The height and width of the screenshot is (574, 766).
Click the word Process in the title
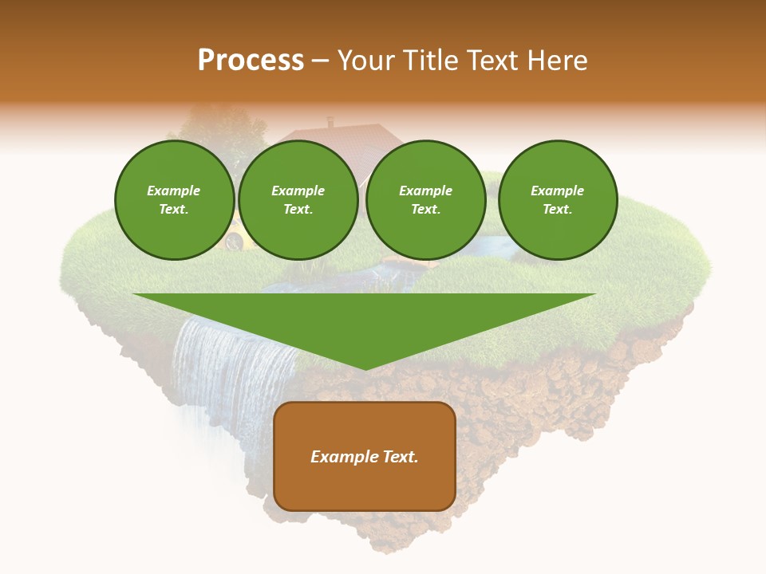pos(251,61)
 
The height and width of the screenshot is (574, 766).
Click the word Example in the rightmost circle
pos(558,191)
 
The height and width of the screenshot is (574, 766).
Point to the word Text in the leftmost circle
pos(173,210)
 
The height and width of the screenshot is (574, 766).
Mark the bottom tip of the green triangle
pos(365,368)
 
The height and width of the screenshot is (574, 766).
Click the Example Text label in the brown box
pos(365,457)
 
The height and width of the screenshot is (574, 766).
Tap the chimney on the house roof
pos(330,122)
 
